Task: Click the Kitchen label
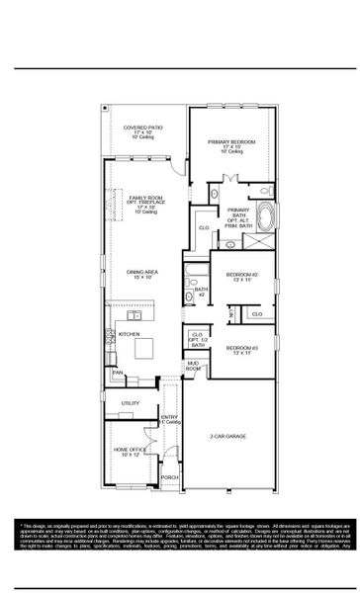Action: [x=130, y=335]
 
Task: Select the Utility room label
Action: [x=130, y=403]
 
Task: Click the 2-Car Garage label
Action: [x=226, y=436]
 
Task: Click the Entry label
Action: [x=169, y=418]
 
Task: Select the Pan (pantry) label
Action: [x=116, y=373]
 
